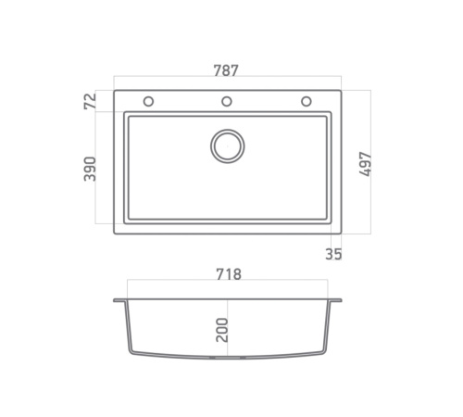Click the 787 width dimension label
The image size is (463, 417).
click(226, 70)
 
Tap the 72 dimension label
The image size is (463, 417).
click(90, 101)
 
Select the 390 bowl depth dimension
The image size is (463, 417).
click(90, 169)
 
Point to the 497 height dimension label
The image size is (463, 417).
click(366, 164)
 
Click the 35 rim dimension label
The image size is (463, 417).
click(333, 254)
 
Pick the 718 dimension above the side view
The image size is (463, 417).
click(229, 274)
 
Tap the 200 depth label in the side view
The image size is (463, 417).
click(222, 330)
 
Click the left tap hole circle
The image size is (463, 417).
click(148, 101)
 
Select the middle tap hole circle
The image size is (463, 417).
click(227, 101)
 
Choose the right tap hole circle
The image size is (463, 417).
click(307, 101)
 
